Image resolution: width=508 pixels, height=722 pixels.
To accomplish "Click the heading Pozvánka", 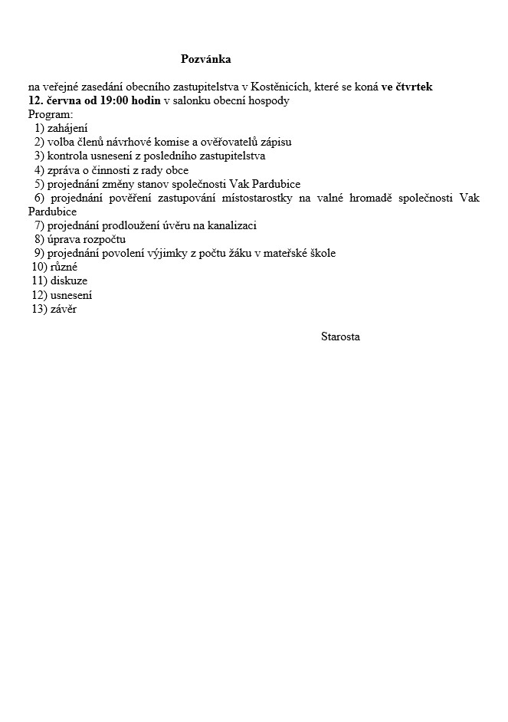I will tap(205, 59).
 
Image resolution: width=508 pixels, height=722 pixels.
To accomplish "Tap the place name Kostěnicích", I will tap(280, 87).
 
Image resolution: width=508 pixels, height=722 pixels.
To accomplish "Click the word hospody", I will tap(267, 101).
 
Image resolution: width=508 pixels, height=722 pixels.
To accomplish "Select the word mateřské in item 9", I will tap(287, 253).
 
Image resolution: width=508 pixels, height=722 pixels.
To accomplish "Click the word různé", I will tap(64, 267).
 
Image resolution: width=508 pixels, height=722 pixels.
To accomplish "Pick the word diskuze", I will tap(69, 281).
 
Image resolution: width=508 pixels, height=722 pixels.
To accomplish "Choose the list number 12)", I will tap(40, 294).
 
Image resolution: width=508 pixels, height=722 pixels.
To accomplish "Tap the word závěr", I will tap(64, 308).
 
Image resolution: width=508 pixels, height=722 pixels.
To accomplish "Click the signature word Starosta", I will tap(340, 336).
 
